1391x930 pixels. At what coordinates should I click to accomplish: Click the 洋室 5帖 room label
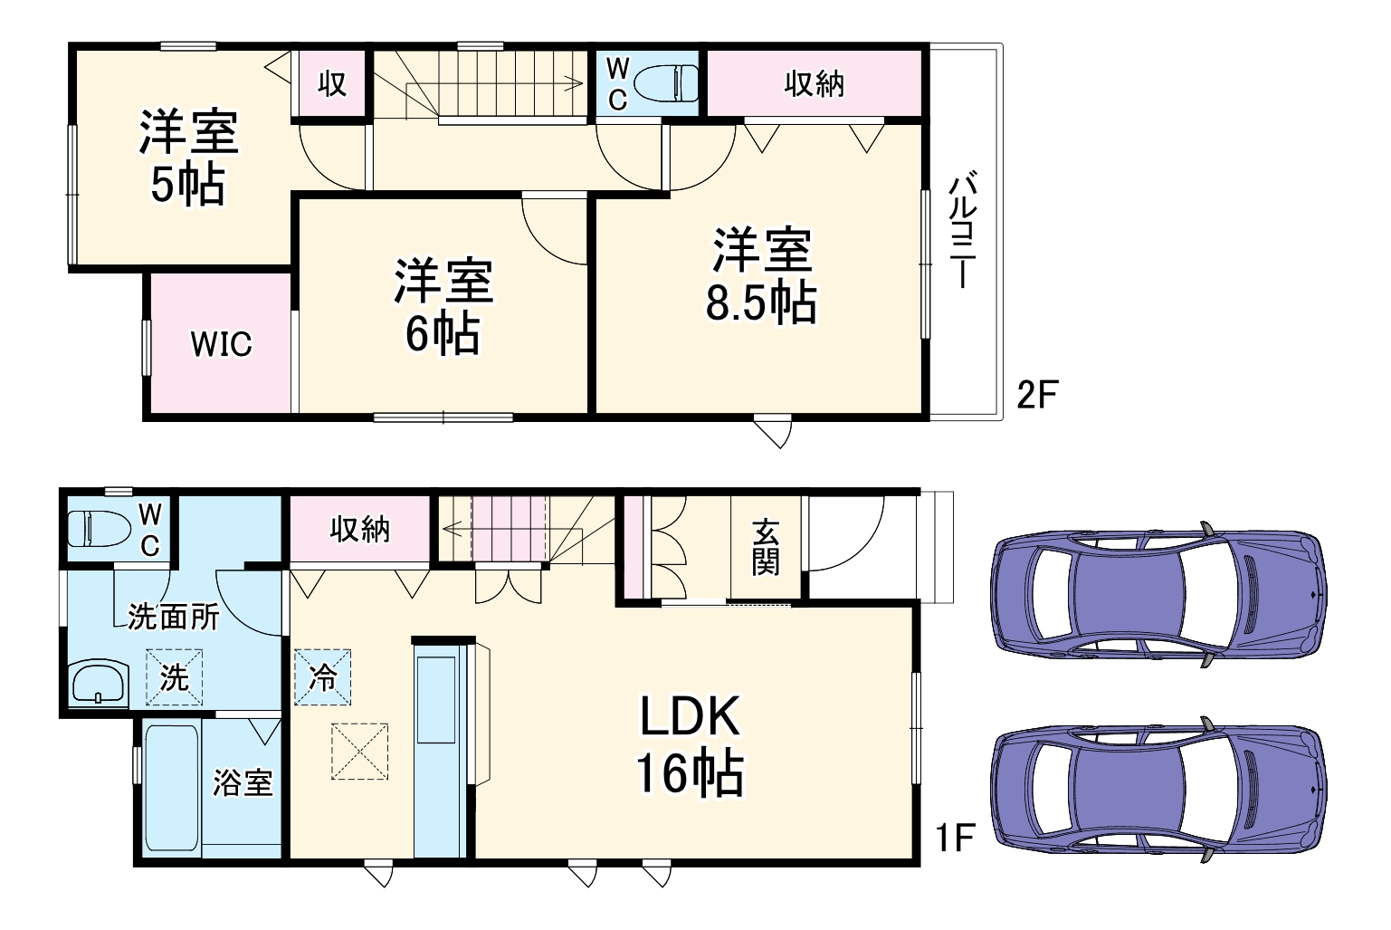coord(188,158)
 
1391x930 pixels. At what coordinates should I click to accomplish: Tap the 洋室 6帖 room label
coord(443,307)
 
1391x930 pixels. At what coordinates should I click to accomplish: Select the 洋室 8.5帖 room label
coord(762,276)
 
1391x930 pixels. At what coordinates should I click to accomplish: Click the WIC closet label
coord(221,344)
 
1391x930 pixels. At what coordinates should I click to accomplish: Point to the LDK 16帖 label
coord(690,744)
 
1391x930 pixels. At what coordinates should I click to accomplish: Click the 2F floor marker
coord(1037,395)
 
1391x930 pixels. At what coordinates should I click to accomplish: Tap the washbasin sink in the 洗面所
coord(99,684)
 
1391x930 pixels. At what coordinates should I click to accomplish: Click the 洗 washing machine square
coord(174,676)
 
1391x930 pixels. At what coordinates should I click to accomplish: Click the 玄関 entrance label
coord(765,547)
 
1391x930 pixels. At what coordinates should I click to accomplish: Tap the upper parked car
coord(1158,595)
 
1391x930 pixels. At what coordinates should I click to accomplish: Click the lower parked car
coord(1158,790)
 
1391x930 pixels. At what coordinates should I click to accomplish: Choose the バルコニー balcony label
coord(962,230)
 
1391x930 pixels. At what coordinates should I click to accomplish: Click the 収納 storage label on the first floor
coord(359,529)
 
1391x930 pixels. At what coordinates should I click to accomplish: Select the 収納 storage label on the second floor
coord(814,84)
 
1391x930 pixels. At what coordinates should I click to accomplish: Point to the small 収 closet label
coord(332,84)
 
